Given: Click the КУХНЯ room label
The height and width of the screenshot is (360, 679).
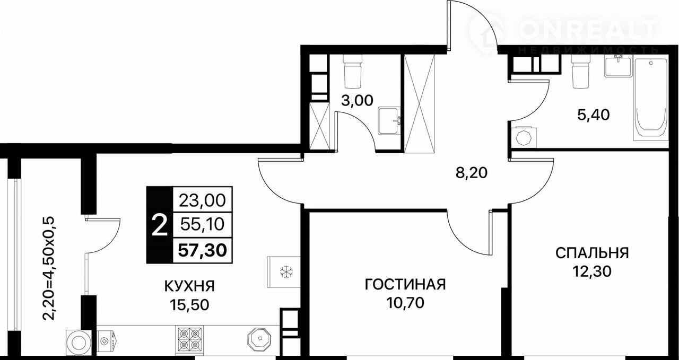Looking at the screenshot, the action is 189,286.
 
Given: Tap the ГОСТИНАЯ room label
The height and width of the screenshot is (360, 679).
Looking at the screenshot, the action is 405,285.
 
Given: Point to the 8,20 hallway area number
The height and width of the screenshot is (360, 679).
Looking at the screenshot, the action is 472,173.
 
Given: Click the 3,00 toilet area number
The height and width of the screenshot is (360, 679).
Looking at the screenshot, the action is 357,101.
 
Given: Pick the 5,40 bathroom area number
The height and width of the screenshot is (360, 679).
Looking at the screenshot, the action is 593,115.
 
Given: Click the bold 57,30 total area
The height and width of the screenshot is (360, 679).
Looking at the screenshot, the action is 203,250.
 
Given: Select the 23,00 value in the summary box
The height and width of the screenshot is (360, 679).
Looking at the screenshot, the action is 203,200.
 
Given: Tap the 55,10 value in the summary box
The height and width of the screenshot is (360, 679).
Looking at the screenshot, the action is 203,225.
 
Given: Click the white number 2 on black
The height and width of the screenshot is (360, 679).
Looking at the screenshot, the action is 160,225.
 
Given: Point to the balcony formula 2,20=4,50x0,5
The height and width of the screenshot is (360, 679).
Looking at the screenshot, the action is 48,268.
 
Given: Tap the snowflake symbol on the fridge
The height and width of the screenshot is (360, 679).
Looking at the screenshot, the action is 286,272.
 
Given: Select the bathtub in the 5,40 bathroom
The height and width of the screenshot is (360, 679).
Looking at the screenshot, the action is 651,99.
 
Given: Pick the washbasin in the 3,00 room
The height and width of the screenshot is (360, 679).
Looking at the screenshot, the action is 389,120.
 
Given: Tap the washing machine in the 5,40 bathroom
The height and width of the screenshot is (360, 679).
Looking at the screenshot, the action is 524,138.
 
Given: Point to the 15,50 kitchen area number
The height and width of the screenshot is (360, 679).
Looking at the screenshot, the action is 189,304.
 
